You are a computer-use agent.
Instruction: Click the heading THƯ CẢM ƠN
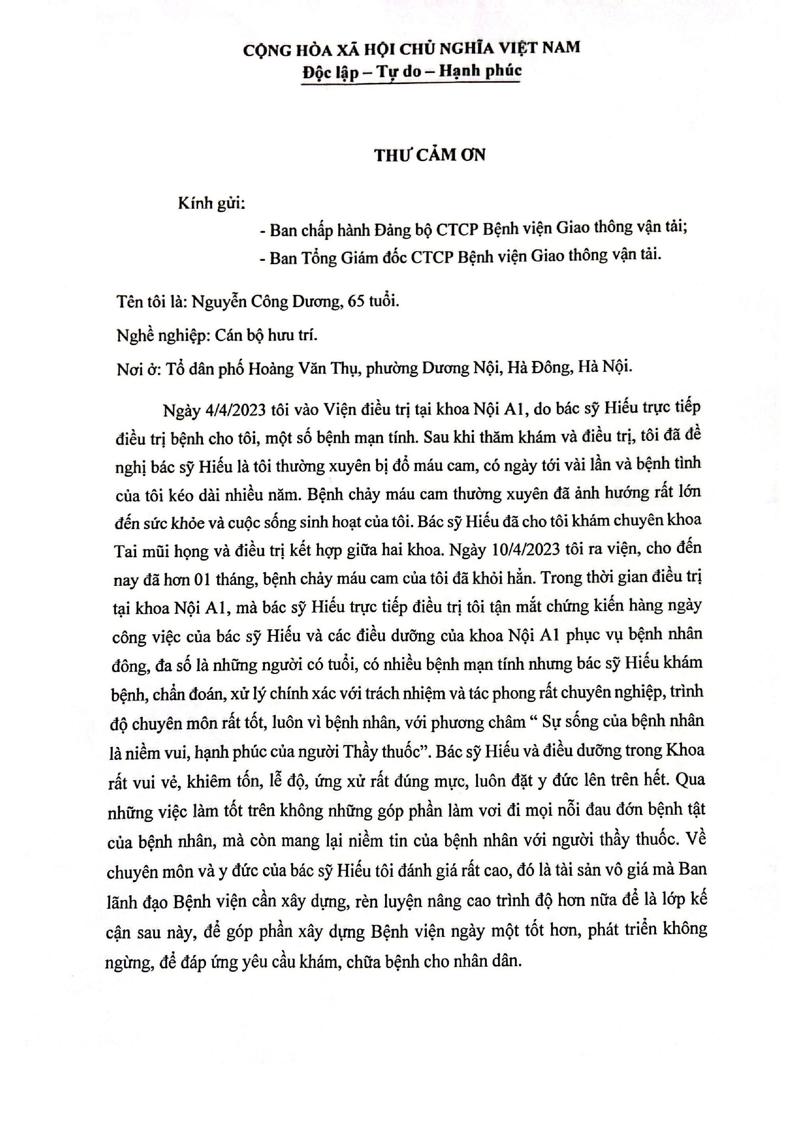(x=430, y=155)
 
